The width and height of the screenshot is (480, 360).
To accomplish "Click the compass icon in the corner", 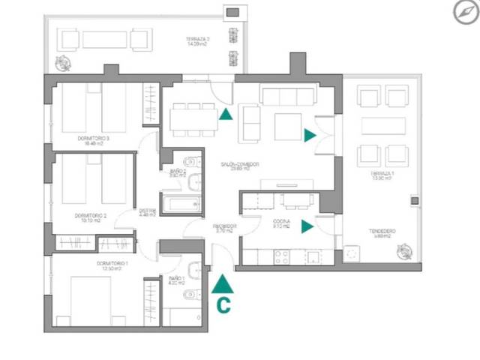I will [463, 11].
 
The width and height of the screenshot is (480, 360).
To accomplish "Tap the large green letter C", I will [223, 304].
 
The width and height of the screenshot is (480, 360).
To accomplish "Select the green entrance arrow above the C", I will [223, 283].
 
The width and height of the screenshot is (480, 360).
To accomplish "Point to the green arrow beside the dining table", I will [224, 114].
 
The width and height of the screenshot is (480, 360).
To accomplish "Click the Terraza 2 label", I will [199, 41].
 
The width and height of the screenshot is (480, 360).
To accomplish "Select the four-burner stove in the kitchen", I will [283, 256].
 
